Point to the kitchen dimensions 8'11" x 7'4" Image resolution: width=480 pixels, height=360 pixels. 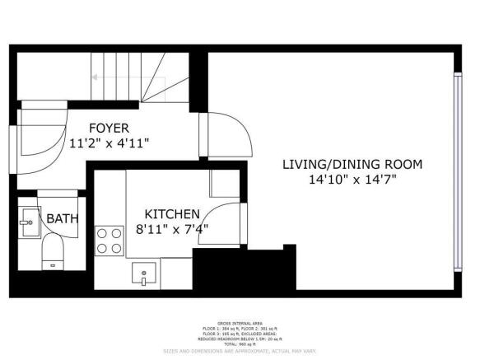point(171,229)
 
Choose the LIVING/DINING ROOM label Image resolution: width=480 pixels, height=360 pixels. point(352,164)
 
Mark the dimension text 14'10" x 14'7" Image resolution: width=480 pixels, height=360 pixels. point(352,179)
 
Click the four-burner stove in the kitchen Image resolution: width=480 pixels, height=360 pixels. point(109,240)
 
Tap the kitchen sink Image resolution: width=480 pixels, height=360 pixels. point(143,273)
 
